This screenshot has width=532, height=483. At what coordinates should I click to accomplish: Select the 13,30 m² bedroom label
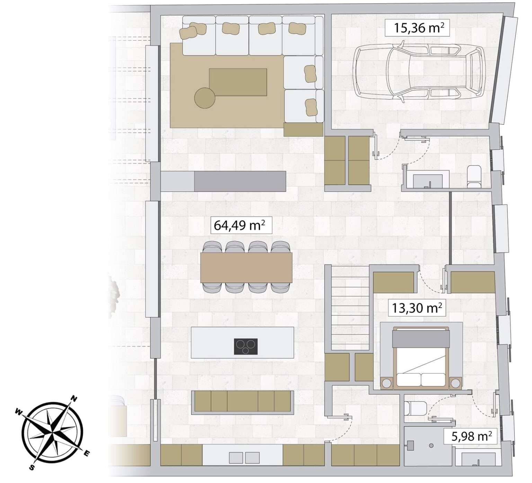pos(417,307)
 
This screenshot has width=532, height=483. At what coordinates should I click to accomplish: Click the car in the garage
pos(418,72)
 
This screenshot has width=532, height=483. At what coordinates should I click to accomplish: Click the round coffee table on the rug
pos(205,97)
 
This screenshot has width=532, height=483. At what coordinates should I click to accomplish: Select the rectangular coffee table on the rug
pos(238,82)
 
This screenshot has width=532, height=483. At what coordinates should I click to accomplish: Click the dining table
pos(246,267)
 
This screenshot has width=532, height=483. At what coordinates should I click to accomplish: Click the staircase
pos(349,307)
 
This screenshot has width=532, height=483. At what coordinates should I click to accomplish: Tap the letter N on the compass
pos(74,398)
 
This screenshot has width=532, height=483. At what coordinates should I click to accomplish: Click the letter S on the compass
pos(32,468)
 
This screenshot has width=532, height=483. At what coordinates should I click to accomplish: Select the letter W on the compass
pos(19,412)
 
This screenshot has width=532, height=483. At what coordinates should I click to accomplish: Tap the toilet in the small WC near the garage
pos(474,176)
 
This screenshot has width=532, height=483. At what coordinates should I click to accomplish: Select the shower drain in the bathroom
pos(432,445)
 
